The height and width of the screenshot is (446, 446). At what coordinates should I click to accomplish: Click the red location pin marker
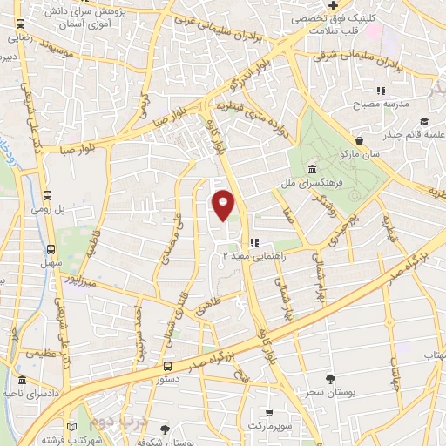224,205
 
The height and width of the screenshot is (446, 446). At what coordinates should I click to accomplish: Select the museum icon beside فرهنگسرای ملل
313,168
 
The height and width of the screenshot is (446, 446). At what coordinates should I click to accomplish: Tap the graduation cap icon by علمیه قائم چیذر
423,121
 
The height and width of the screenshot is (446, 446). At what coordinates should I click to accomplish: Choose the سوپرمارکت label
270,427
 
